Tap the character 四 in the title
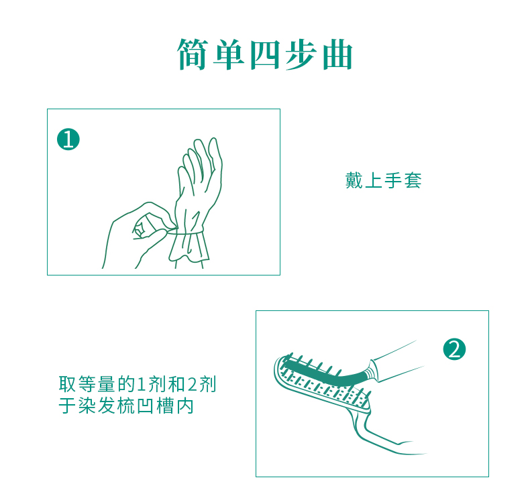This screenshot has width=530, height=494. [265, 55]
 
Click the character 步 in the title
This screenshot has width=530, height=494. [301, 55]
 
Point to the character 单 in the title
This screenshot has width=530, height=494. [229, 55]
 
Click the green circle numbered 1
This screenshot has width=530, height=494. [68, 139]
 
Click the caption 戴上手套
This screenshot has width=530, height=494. [383, 180]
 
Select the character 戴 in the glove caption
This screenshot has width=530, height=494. [354, 180]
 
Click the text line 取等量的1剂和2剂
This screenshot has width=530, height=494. [138, 385]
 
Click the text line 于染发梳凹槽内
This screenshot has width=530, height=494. [127, 406]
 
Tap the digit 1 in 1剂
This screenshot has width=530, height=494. [141, 385]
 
